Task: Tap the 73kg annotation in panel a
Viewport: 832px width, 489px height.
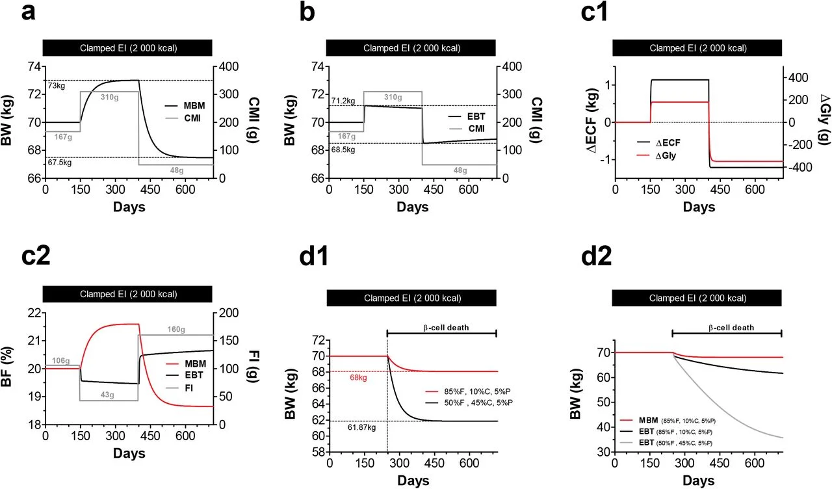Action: [x=55, y=86]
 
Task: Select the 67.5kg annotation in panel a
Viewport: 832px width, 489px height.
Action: [x=58, y=163]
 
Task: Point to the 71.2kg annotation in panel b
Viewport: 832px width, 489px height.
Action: [x=343, y=101]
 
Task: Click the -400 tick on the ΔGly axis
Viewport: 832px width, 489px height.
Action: [x=797, y=167]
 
